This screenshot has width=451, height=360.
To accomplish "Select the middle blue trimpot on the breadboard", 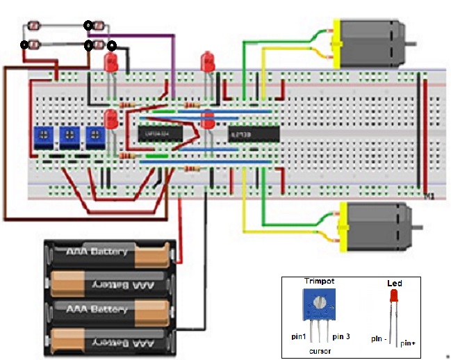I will pos(68,136).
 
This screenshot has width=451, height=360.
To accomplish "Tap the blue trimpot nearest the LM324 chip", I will pos(94,136).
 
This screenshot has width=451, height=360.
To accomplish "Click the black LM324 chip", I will pos(160,132).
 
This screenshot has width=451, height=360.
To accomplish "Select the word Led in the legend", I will pos(394,284).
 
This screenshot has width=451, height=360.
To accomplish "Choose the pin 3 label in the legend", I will pos(341,336).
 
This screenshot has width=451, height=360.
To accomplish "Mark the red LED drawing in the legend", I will pos(394,298).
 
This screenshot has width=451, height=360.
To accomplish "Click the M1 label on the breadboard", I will pos(429,197).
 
